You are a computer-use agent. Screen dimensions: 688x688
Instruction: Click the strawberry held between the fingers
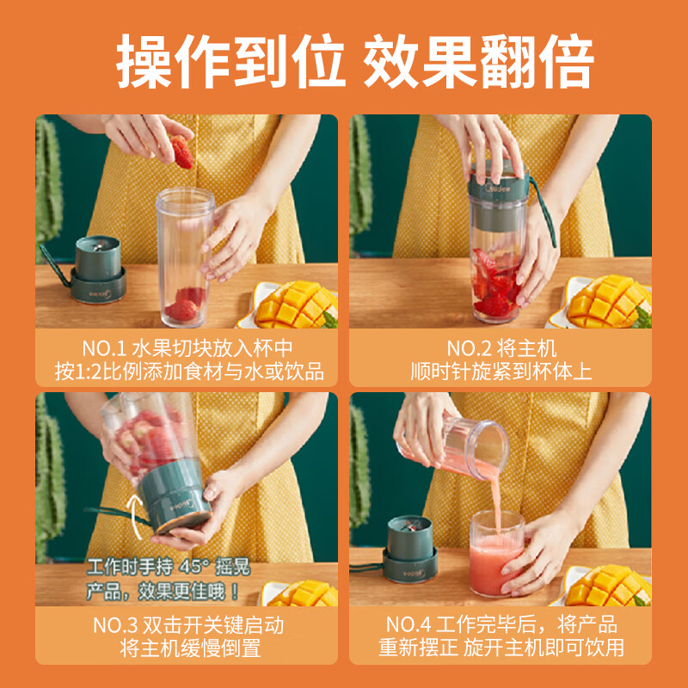coord(181,151)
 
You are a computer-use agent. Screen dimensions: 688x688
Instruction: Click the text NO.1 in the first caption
coord(104,349)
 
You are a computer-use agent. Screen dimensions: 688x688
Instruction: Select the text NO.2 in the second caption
coord(468,349)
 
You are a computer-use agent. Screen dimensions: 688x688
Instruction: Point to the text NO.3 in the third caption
coord(115,625)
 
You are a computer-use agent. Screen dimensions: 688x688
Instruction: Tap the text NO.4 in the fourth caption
coord(408,624)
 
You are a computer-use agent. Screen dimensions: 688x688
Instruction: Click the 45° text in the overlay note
coord(190,567)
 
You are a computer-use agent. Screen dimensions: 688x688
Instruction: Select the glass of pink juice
coord(497,553)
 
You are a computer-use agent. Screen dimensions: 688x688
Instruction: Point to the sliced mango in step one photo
coord(297,304)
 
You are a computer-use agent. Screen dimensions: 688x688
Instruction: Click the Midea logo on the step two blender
coord(499,188)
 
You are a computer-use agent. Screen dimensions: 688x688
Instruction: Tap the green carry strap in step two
coord(544,212)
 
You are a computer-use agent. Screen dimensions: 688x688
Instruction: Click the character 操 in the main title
coord(144,61)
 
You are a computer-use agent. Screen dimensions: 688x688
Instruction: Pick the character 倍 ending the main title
coord(566,61)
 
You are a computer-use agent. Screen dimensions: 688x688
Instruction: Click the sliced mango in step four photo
coord(608,585)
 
